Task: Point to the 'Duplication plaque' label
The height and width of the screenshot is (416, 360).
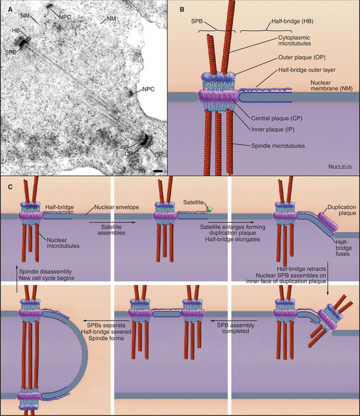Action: (337, 209)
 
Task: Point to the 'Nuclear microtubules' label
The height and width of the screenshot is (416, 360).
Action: (62, 240)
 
